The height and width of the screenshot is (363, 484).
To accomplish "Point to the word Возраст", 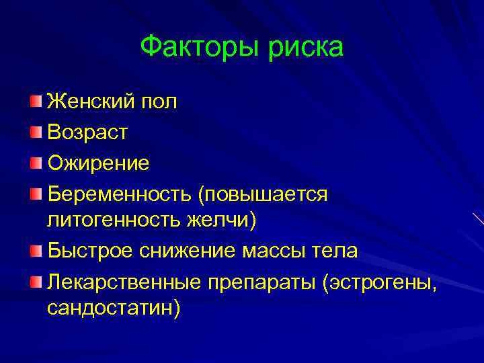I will tap(87, 132).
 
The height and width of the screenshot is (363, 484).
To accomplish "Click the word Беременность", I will tap(119, 193).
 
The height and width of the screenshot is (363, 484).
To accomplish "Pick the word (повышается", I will tap(263, 193).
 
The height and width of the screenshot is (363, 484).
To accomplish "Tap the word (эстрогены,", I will tap(380, 280).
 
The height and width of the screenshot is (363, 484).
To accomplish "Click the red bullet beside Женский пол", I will tap(35, 101).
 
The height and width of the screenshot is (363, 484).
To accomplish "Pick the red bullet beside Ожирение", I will tap(35, 162).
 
